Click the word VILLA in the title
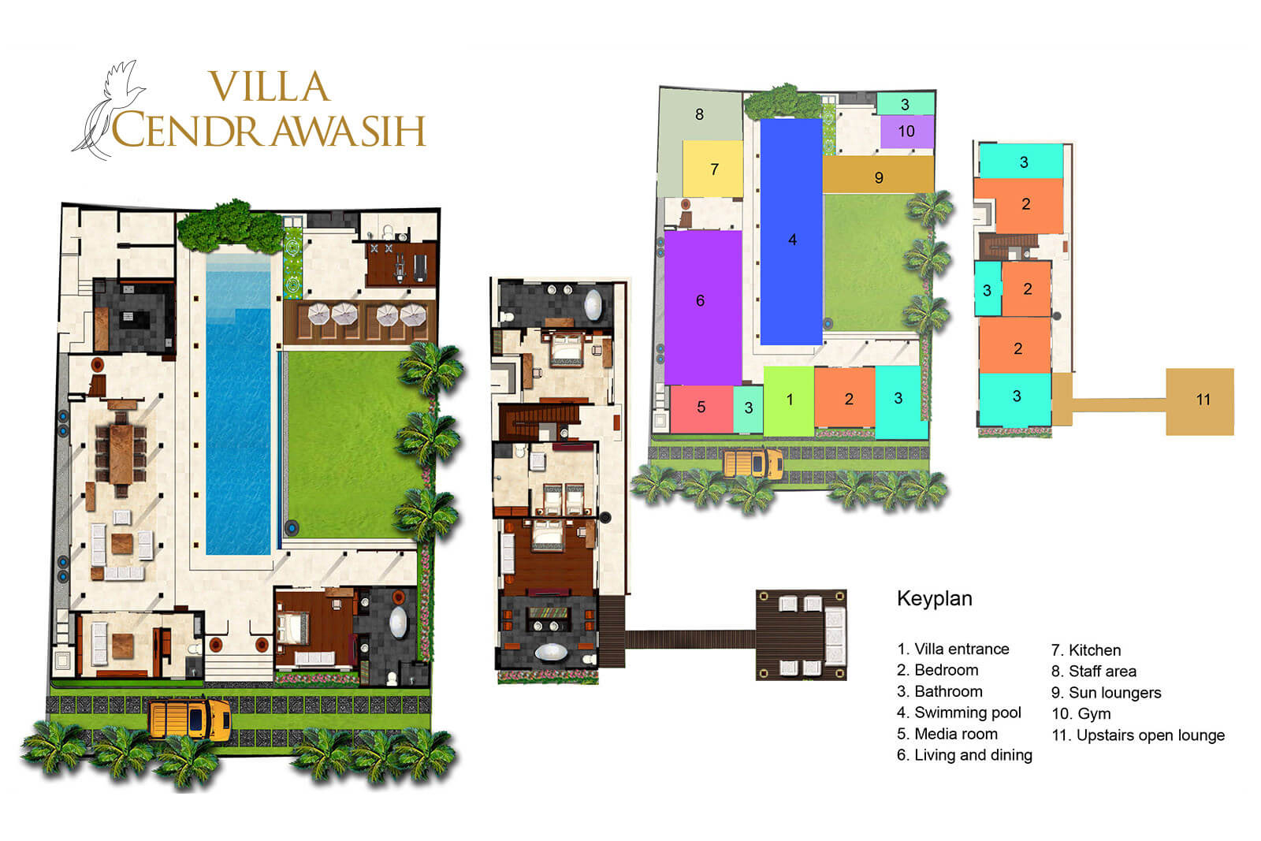pyautogui.click(x=268, y=87)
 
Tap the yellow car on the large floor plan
pyautogui.click(x=190, y=719)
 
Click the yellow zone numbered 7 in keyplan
pyautogui.click(x=712, y=169)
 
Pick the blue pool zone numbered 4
pyautogui.click(x=790, y=233)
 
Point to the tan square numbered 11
pyautogui.click(x=1200, y=401)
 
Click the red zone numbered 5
pyautogui.click(x=701, y=408)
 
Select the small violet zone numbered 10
pyautogui.click(x=906, y=132)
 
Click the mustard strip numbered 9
pyautogui.click(x=878, y=175)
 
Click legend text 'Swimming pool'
pyautogui.click(x=967, y=713)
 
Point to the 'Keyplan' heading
pyautogui.click(x=934, y=598)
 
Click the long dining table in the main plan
pyautogui.click(x=121, y=456)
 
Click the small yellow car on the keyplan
pyautogui.click(x=753, y=463)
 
